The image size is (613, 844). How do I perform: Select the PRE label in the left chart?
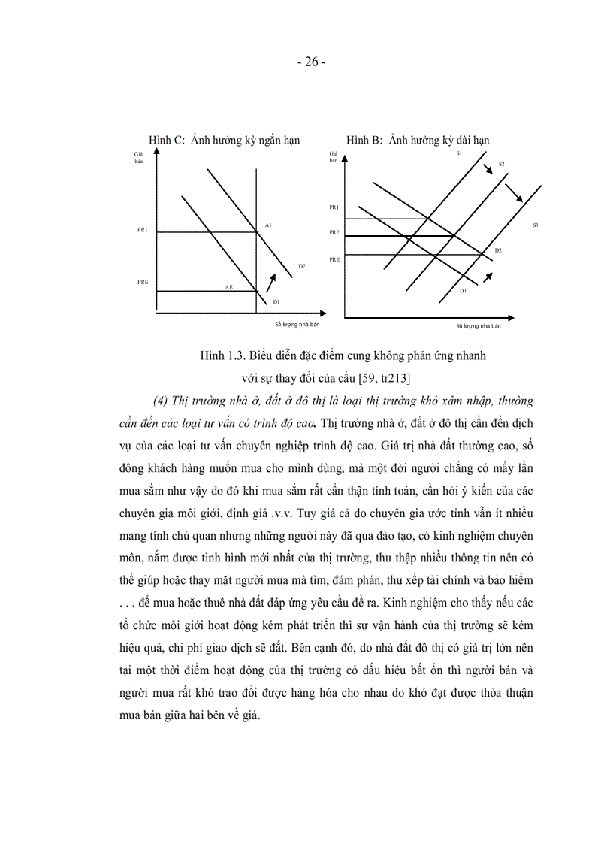(142, 282)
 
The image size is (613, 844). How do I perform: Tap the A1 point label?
(268, 225)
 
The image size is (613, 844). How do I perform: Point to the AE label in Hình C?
(230, 287)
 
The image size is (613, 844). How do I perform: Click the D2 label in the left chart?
(301, 266)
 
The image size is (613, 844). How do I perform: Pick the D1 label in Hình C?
(276, 301)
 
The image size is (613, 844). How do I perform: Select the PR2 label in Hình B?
(334, 233)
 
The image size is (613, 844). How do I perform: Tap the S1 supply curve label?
(458, 153)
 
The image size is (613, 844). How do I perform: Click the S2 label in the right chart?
(501, 164)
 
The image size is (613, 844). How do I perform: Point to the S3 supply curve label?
(535, 225)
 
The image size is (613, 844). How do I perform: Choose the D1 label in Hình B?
(464, 290)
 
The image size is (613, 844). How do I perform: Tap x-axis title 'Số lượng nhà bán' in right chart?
(478, 325)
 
